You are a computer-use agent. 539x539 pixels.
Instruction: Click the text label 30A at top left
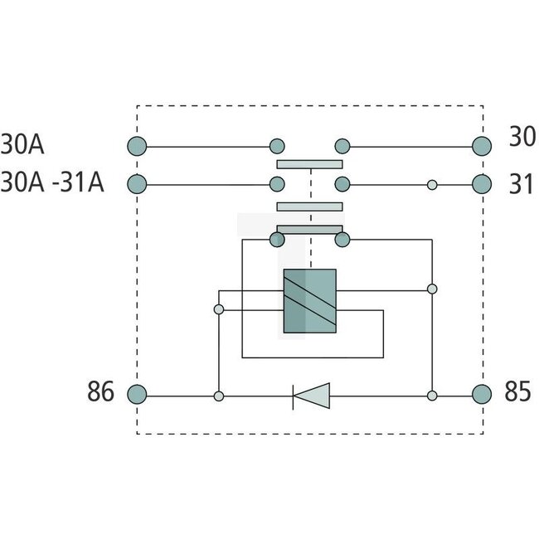[22, 145]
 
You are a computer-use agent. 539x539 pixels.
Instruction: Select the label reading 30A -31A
[52, 183]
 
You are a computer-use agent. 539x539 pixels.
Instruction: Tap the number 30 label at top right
[522, 138]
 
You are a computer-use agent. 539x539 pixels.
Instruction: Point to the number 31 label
[520, 184]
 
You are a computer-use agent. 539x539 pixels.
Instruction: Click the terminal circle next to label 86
[138, 395]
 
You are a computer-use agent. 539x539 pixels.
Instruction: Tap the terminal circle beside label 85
[482, 395]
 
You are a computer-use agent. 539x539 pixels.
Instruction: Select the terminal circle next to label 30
[482, 147]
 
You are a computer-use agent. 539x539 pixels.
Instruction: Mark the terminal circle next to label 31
[482, 184]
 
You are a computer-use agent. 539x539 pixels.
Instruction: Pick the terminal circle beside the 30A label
[138, 147]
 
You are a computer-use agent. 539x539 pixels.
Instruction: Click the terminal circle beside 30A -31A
[138, 184]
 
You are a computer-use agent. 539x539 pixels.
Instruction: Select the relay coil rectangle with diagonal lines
[309, 301]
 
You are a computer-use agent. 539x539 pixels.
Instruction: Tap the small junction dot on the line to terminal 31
[432, 184]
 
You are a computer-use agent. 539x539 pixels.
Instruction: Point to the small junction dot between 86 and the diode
[219, 396]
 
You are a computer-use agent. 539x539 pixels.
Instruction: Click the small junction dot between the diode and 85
[432, 396]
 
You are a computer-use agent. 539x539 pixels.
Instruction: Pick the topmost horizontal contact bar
[309, 164]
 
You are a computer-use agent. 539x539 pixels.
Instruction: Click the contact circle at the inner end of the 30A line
[278, 147]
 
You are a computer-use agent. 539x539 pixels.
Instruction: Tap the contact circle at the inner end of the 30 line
[341, 147]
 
